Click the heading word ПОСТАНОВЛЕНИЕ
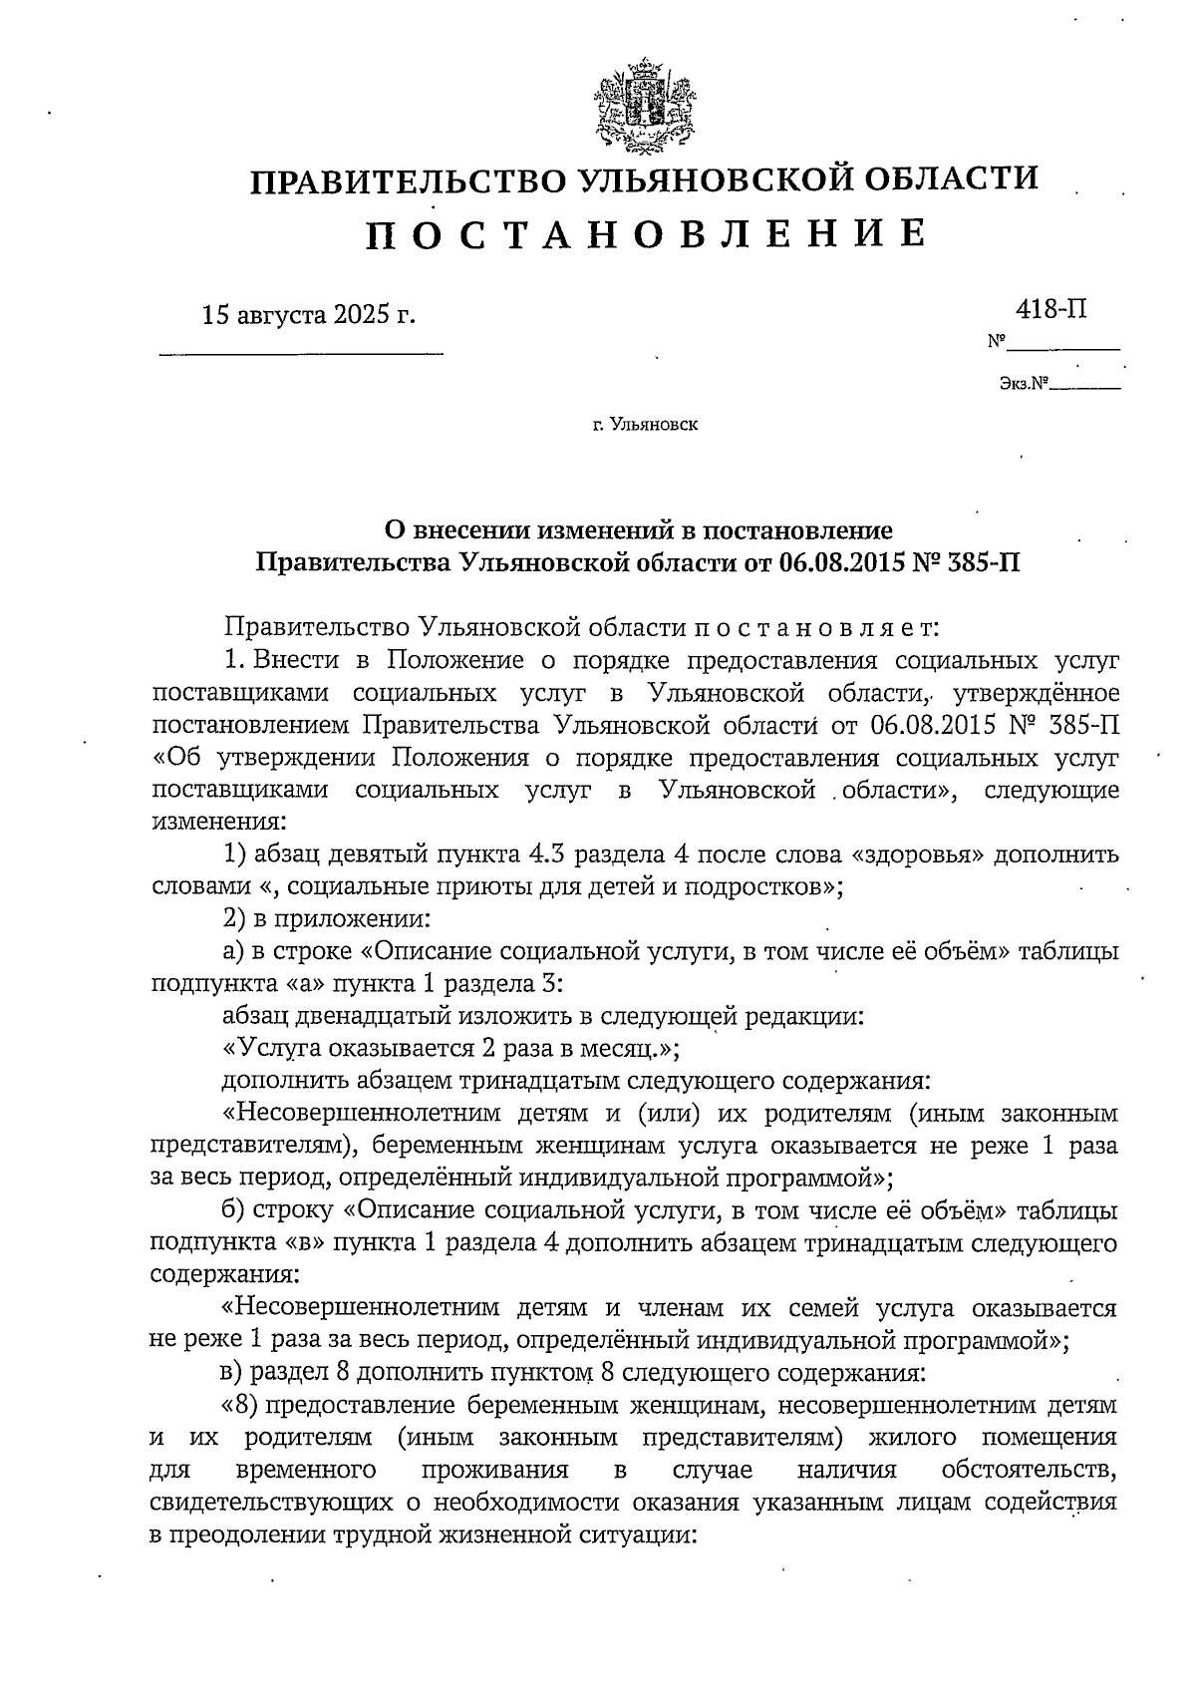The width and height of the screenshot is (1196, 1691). click(x=645, y=233)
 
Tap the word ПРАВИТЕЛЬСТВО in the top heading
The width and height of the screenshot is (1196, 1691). click(x=404, y=180)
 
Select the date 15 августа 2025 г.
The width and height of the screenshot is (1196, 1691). click(x=308, y=316)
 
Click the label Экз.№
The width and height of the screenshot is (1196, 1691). click(x=1025, y=383)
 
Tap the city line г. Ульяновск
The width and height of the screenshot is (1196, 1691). click(x=645, y=425)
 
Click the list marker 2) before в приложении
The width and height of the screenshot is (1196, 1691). click(x=233, y=919)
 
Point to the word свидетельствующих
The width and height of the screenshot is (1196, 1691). click(x=268, y=1504)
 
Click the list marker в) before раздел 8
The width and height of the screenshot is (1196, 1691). click(x=232, y=1374)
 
